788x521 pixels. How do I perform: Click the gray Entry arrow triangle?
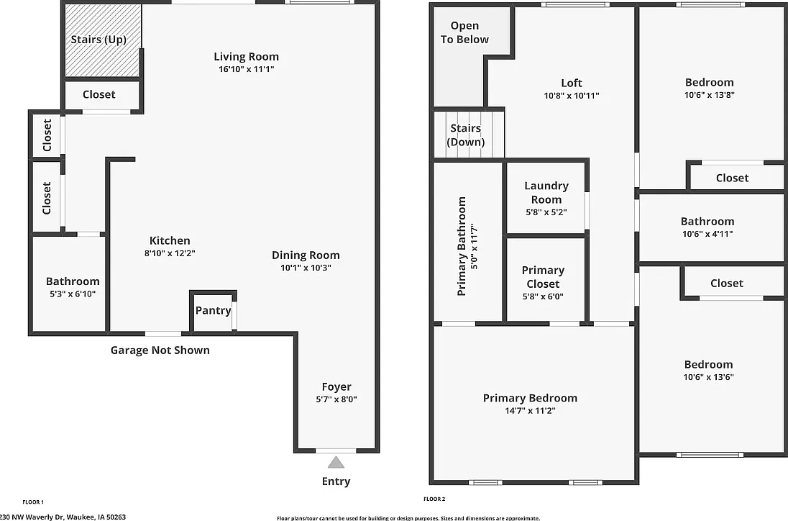tap(336, 463)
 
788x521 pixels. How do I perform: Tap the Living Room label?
tap(246, 57)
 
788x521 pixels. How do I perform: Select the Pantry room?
tap(213, 312)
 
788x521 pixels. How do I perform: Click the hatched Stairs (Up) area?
tap(103, 40)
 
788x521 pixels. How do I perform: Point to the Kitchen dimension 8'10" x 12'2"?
tap(170, 253)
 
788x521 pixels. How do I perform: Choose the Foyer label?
tap(336, 386)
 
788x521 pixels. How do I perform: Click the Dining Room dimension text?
tap(306, 268)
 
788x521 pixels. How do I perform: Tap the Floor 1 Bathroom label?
tap(73, 281)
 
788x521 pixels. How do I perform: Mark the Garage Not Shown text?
tap(160, 350)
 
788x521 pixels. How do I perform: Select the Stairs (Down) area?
tap(469, 135)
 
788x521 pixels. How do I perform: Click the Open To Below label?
tap(465, 32)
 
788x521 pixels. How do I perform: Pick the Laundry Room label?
tap(546, 193)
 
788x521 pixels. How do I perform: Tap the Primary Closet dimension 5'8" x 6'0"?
tap(544, 296)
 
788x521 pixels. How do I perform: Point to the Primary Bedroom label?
tap(530, 398)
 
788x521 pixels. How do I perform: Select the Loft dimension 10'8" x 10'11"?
tap(572, 96)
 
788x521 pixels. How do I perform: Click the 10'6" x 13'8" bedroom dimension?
tap(710, 95)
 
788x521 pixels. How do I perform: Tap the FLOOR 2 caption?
tap(435, 499)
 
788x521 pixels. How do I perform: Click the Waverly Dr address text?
tap(63, 517)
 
